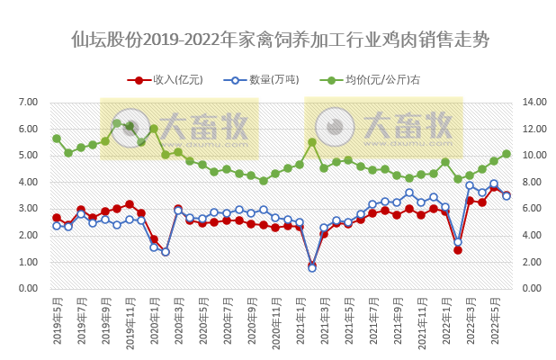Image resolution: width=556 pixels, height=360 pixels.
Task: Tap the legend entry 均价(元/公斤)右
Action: [x=378, y=80]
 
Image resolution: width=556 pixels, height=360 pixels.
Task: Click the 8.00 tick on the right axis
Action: [x=532, y=182]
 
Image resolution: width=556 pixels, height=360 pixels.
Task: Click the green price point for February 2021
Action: [x=312, y=142]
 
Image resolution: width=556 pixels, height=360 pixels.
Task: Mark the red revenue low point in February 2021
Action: [x=312, y=265]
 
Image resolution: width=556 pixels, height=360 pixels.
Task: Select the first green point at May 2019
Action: [x=57, y=139]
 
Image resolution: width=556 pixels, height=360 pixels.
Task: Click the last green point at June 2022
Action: [x=507, y=154]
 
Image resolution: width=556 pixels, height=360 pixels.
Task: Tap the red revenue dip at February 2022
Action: [x=458, y=249]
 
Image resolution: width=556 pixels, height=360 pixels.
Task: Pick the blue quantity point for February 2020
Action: [x=166, y=252]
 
